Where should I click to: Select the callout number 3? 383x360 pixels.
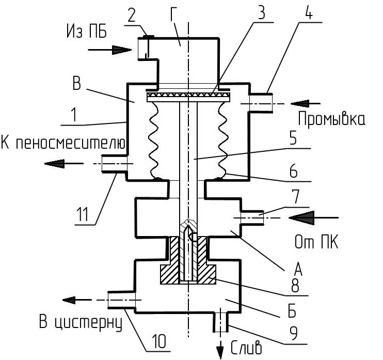click(262, 12)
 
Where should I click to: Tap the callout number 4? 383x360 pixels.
click(309, 12)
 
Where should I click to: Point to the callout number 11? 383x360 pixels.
click(83, 214)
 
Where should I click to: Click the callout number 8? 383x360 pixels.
click(295, 285)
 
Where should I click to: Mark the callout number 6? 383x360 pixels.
click(293, 171)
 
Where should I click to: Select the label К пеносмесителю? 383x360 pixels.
click(63, 143)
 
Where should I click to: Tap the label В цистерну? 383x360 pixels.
click(81, 322)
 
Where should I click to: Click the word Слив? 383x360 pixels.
click(246, 347)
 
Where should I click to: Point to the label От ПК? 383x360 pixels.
click(316, 242)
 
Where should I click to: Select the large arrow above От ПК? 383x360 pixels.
click(314, 217)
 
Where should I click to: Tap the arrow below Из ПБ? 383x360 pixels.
click(109, 50)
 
